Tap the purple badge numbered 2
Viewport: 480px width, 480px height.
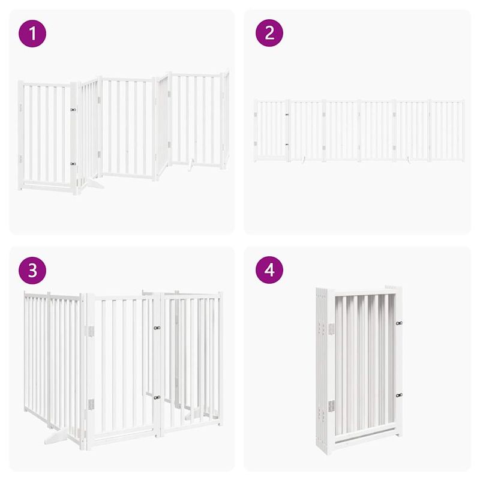[269, 34]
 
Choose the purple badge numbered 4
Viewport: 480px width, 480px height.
[269, 271]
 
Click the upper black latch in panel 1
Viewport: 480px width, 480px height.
[73, 110]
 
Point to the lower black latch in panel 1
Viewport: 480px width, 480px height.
[73, 163]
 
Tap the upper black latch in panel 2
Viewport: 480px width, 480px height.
[286, 115]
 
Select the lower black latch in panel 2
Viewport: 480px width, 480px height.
[286, 145]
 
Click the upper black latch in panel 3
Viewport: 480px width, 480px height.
[157, 328]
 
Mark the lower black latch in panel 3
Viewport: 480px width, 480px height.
[157, 397]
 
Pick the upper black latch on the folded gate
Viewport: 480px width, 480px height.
[398, 323]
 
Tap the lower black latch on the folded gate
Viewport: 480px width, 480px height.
[398, 395]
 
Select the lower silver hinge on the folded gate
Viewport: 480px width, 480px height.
[330, 406]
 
